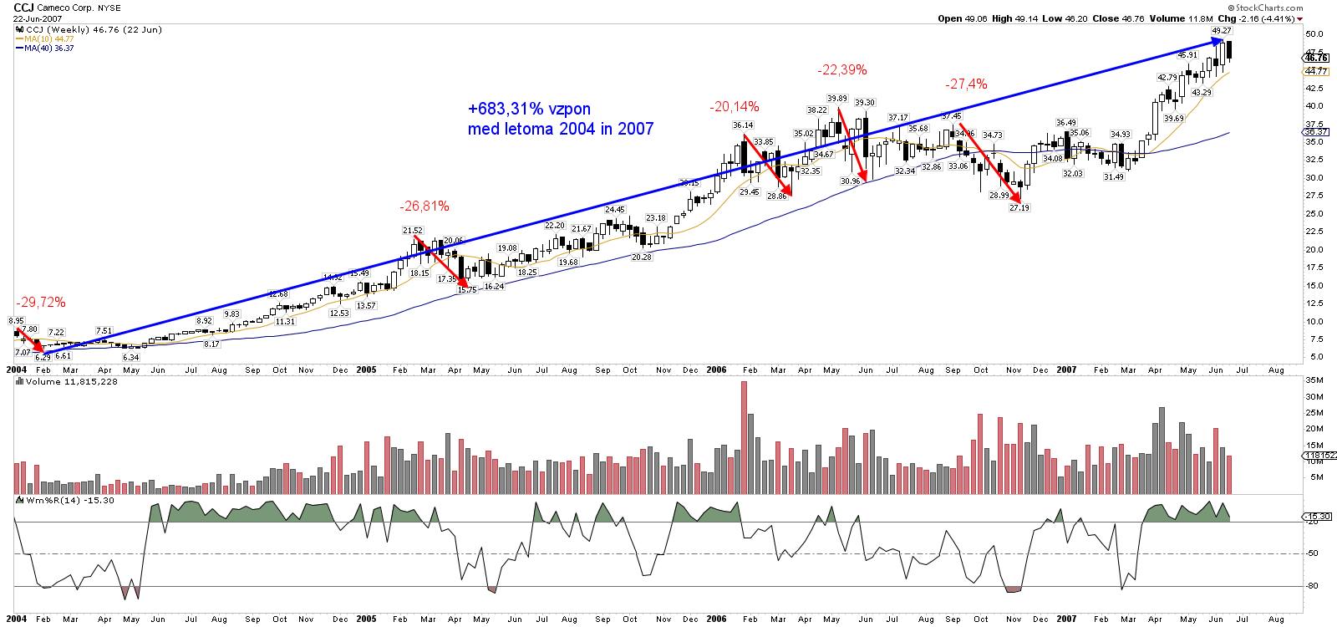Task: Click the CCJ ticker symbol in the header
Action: (23, 8)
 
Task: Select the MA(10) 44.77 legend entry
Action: (48, 38)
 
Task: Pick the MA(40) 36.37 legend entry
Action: (48, 48)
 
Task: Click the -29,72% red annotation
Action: (40, 303)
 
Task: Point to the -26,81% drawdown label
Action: (424, 206)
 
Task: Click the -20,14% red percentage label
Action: (735, 107)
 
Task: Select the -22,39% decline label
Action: (841, 70)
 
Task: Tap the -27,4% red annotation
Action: (966, 84)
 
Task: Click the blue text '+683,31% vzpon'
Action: (529, 109)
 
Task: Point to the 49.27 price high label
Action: (1222, 31)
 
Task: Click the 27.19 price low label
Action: (1019, 208)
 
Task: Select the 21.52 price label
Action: (412, 231)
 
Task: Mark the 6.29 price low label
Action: (43, 357)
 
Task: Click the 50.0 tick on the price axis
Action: (1314, 34)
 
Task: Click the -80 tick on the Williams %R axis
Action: (1313, 586)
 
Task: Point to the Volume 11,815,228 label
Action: (71, 381)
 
